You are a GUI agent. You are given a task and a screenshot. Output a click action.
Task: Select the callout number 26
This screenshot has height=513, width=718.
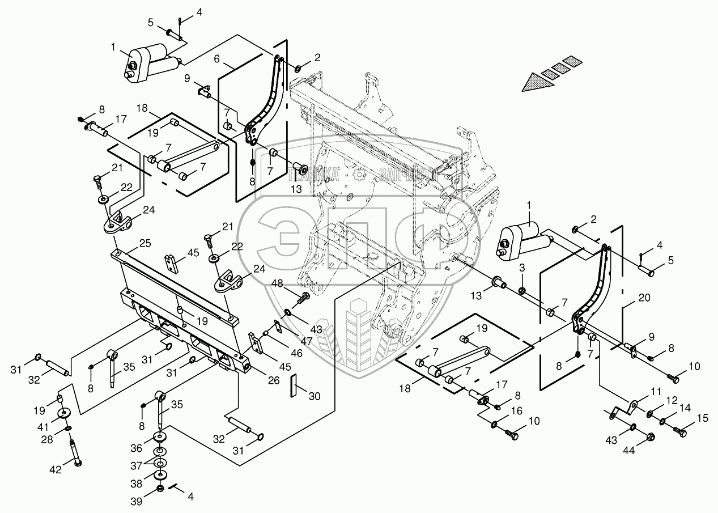click(274, 380)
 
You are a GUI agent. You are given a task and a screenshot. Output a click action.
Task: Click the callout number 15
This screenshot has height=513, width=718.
click(703, 418)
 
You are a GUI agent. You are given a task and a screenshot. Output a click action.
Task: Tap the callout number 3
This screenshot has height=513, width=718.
click(522, 268)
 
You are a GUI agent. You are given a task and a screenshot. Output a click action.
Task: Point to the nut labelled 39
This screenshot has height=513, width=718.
click(160, 489)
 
